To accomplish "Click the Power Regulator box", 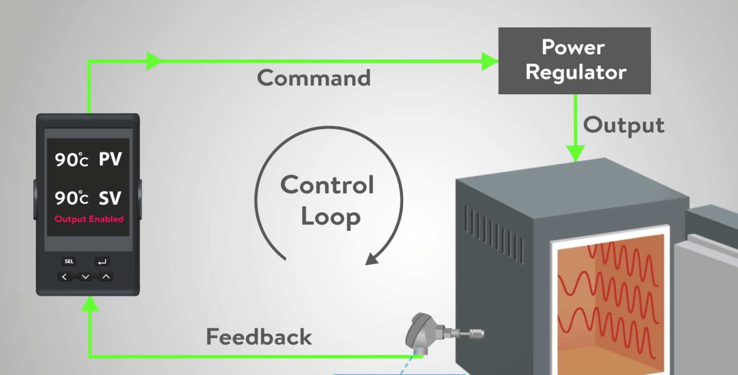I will click(x=574, y=61).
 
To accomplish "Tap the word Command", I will click(x=314, y=78).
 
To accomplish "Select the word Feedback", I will click(x=259, y=337).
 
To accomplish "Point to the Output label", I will click(x=624, y=125).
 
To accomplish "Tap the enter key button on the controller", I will click(x=102, y=262).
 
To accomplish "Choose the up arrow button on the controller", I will click(x=106, y=277).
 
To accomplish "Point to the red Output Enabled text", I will click(x=89, y=219).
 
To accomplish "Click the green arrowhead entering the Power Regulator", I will click(x=490, y=61).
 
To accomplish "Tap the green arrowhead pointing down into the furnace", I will click(x=575, y=153).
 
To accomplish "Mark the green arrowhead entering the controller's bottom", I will click(x=89, y=304).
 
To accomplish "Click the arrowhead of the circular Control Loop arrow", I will click(x=372, y=259).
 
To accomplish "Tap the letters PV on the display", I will click(x=110, y=160).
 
